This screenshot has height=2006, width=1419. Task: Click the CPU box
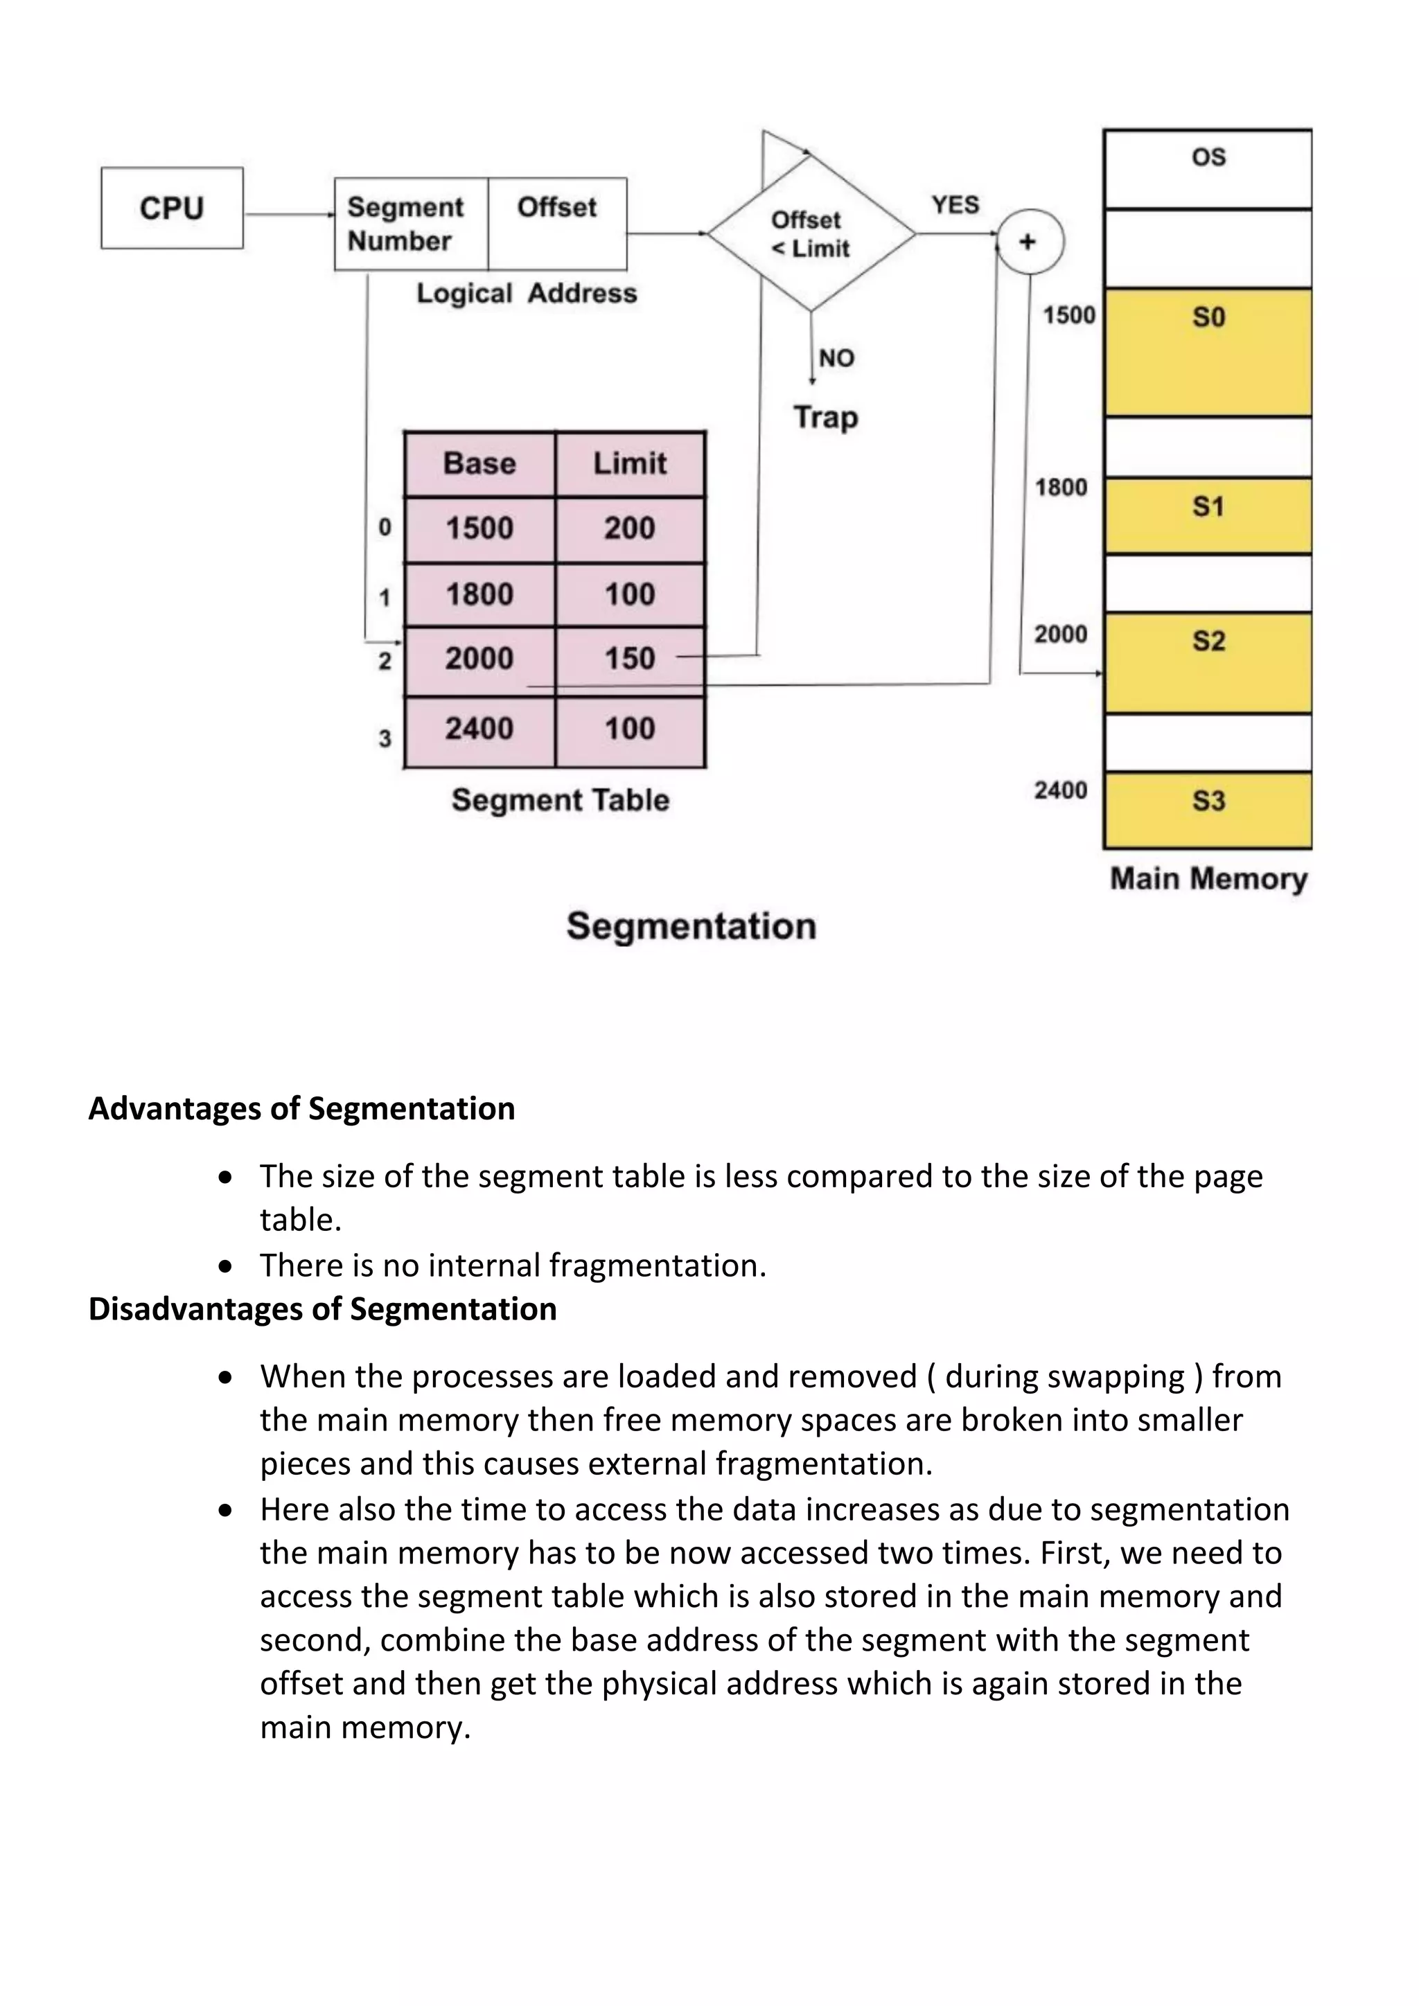pyautogui.click(x=171, y=208)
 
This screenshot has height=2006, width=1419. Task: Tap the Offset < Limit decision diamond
pyautogui.click(x=811, y=234)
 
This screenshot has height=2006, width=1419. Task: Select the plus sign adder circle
pyautogui.click(x=1030, y=242)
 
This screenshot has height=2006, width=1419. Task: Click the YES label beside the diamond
pyautogui.click(x=955, y=204)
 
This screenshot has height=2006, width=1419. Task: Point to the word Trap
pyautogui.click(x=826, y=417)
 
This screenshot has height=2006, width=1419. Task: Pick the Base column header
pyautogui.click(x=479, y=463)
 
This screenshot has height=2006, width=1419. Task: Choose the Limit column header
pyautogui.click(x=630, y=463)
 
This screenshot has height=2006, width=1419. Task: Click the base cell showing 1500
pyautogui.click(x=479, y=529)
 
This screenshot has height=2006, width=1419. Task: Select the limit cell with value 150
pyautogui.click(x=630, y=659)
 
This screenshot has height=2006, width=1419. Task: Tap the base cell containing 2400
pyautogui.click(x=479, y=729)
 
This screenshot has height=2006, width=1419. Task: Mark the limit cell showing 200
pyautogui.click(x=630, y=529)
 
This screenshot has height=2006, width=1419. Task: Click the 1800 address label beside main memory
pyautogui.click(x=1061, y=487)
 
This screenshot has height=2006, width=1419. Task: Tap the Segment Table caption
pyautogui.click(x=560, y=800)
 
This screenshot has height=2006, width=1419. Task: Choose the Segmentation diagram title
pyautogui.click(x=691, y=926)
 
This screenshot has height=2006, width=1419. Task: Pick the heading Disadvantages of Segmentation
pyautogui.click(x=322, y=1308)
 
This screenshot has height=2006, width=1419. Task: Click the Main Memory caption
pyautogui.click(x=1208, y=879)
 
